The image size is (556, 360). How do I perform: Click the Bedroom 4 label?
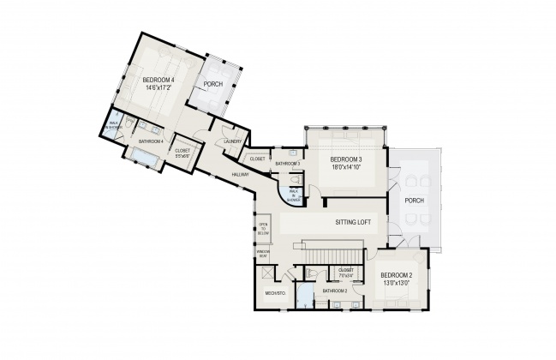coord(158,81)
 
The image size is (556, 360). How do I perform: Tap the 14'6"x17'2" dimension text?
coord(158,87)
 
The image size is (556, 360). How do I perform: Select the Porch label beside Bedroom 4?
coord(213,85)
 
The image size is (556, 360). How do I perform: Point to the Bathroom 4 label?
coord(151,141)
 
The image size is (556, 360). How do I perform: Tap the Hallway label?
coord(239,175)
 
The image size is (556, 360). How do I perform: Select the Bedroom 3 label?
coord(347,160)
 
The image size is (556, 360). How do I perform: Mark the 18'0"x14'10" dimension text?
coord(347,168)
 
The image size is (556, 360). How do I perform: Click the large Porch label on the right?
coord(414,201)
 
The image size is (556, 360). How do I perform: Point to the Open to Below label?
coord(263,230)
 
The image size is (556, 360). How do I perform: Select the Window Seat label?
coord(263,253)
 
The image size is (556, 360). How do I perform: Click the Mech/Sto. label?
coord(275,292)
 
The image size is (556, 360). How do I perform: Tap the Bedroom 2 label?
coord(395,275)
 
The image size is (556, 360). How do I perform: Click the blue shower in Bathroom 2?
coord(304,295)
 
